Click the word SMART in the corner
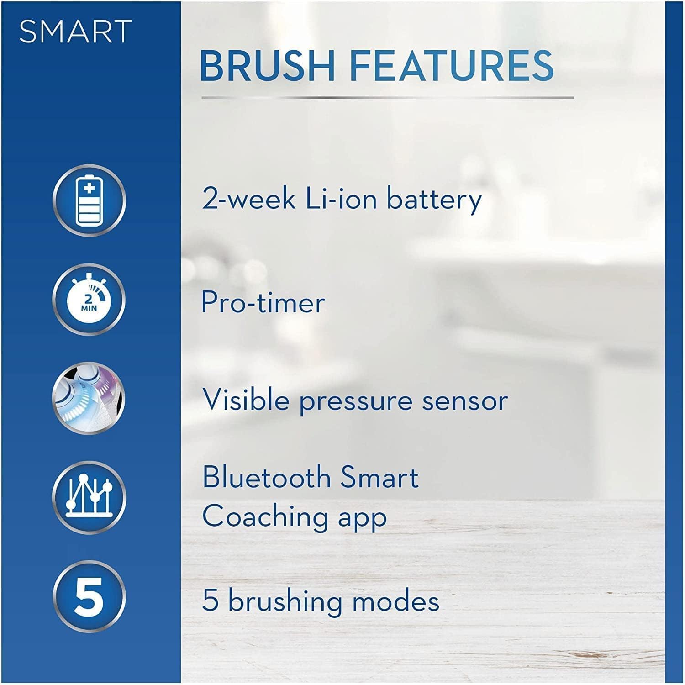coord(75,32)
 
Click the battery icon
coord(89,200)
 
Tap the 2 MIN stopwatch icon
coord(89,299)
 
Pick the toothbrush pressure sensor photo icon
coord(89,398)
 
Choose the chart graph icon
coord(89,497)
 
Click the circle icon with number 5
coord(89,596)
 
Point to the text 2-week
coord(248,200)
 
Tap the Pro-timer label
coord(263,302)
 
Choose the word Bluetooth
coord(267,477)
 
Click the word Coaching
coord(265,517)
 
